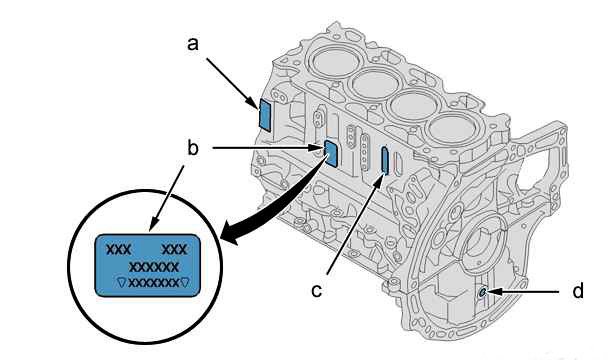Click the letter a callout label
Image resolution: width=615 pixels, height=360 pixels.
tap(193, 44)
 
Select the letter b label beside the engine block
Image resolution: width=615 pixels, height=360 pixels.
tap(193, 148)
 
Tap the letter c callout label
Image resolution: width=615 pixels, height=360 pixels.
tap(317, 291)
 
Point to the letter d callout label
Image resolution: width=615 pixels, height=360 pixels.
tap(578, 291)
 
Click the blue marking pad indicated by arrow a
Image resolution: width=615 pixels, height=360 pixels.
tap(265, 115)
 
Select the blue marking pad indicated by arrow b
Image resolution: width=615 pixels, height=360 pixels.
tap(331, 153)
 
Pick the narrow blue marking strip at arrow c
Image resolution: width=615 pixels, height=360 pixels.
tap(385, 160)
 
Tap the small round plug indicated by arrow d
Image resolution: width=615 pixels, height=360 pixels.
tap(483, 292)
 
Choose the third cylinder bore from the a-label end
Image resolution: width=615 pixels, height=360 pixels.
tap(414, 104)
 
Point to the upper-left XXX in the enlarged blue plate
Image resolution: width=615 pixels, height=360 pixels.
tap(119, 249)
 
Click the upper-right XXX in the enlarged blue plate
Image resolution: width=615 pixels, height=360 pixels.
tap(175, 249)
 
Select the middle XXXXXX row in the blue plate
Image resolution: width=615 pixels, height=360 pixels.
tap(154, 267)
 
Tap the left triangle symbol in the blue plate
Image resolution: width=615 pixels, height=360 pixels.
tap(122, 282)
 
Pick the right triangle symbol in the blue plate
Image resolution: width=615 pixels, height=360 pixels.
tap(184, 282)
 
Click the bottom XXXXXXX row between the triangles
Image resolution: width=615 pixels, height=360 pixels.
tap(153, 282)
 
